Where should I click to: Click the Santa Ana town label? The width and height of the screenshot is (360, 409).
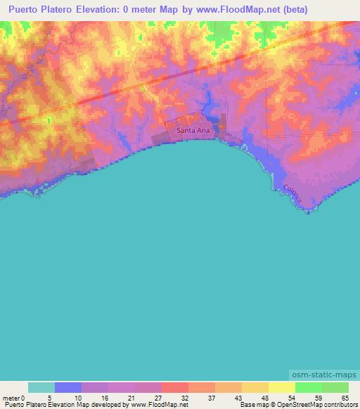point(191,131)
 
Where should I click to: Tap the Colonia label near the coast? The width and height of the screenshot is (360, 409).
point(293,193)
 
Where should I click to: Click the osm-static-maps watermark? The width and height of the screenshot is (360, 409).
point(325,376)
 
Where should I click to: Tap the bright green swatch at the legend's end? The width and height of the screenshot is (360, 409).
point(335,387)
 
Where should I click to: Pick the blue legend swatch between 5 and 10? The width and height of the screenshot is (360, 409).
point(68,387)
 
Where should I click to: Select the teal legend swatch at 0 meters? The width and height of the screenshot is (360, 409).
point(41,387)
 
